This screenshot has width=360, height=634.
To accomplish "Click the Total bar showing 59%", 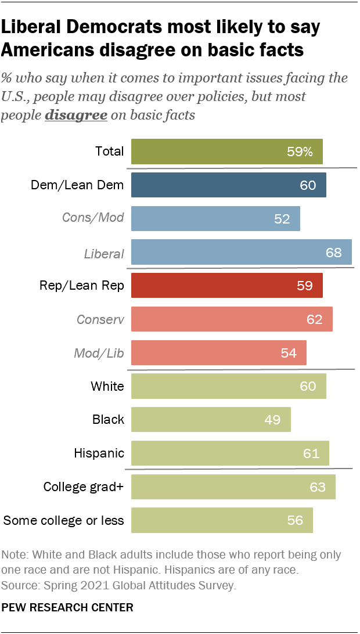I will point(226,152).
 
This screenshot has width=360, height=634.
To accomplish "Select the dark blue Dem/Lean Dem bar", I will point(228,185).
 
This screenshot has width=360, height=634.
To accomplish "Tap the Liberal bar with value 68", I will point(241,253).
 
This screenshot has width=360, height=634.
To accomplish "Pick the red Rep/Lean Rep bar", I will point(226,286).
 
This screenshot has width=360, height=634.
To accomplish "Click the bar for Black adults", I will point(211,419).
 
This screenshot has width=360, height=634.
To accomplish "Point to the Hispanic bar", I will point(230,453).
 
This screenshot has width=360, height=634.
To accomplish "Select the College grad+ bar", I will point(233,487).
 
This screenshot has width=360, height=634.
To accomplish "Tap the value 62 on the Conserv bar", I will point(314,319).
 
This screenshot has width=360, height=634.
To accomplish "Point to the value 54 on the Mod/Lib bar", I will point(289,352).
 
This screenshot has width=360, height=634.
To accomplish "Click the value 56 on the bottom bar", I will point(295,520).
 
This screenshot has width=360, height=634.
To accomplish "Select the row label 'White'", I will point(107,386).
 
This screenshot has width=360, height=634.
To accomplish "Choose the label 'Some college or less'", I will point(64,520).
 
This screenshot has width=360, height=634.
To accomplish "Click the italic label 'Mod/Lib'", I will point(99,352).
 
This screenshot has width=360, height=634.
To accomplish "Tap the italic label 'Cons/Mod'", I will point(93,219).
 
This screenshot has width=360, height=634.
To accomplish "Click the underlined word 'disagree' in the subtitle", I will point(76,115).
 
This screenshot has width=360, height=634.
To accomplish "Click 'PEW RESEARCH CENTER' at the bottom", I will point(67,607).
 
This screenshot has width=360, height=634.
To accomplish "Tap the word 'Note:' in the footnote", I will point(17,554).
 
